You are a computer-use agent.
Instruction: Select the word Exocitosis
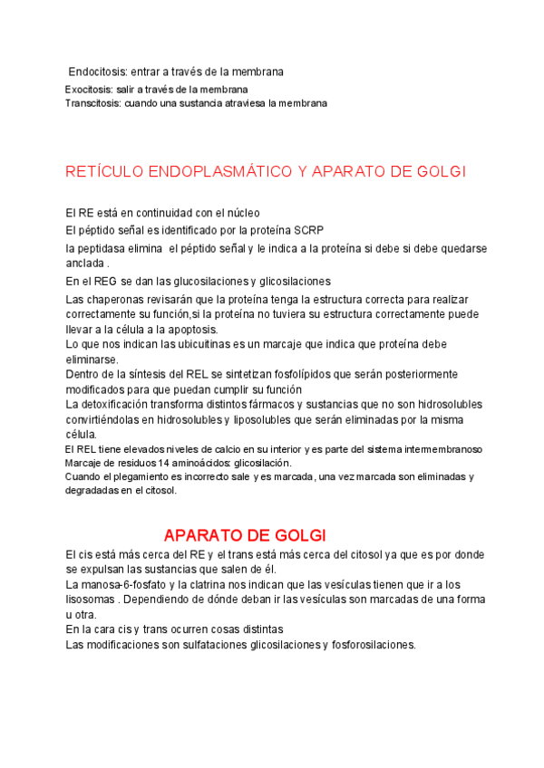click(89, 90)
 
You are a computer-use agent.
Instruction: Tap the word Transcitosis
click(93, 103)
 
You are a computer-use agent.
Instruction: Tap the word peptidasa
click(107, 247)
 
